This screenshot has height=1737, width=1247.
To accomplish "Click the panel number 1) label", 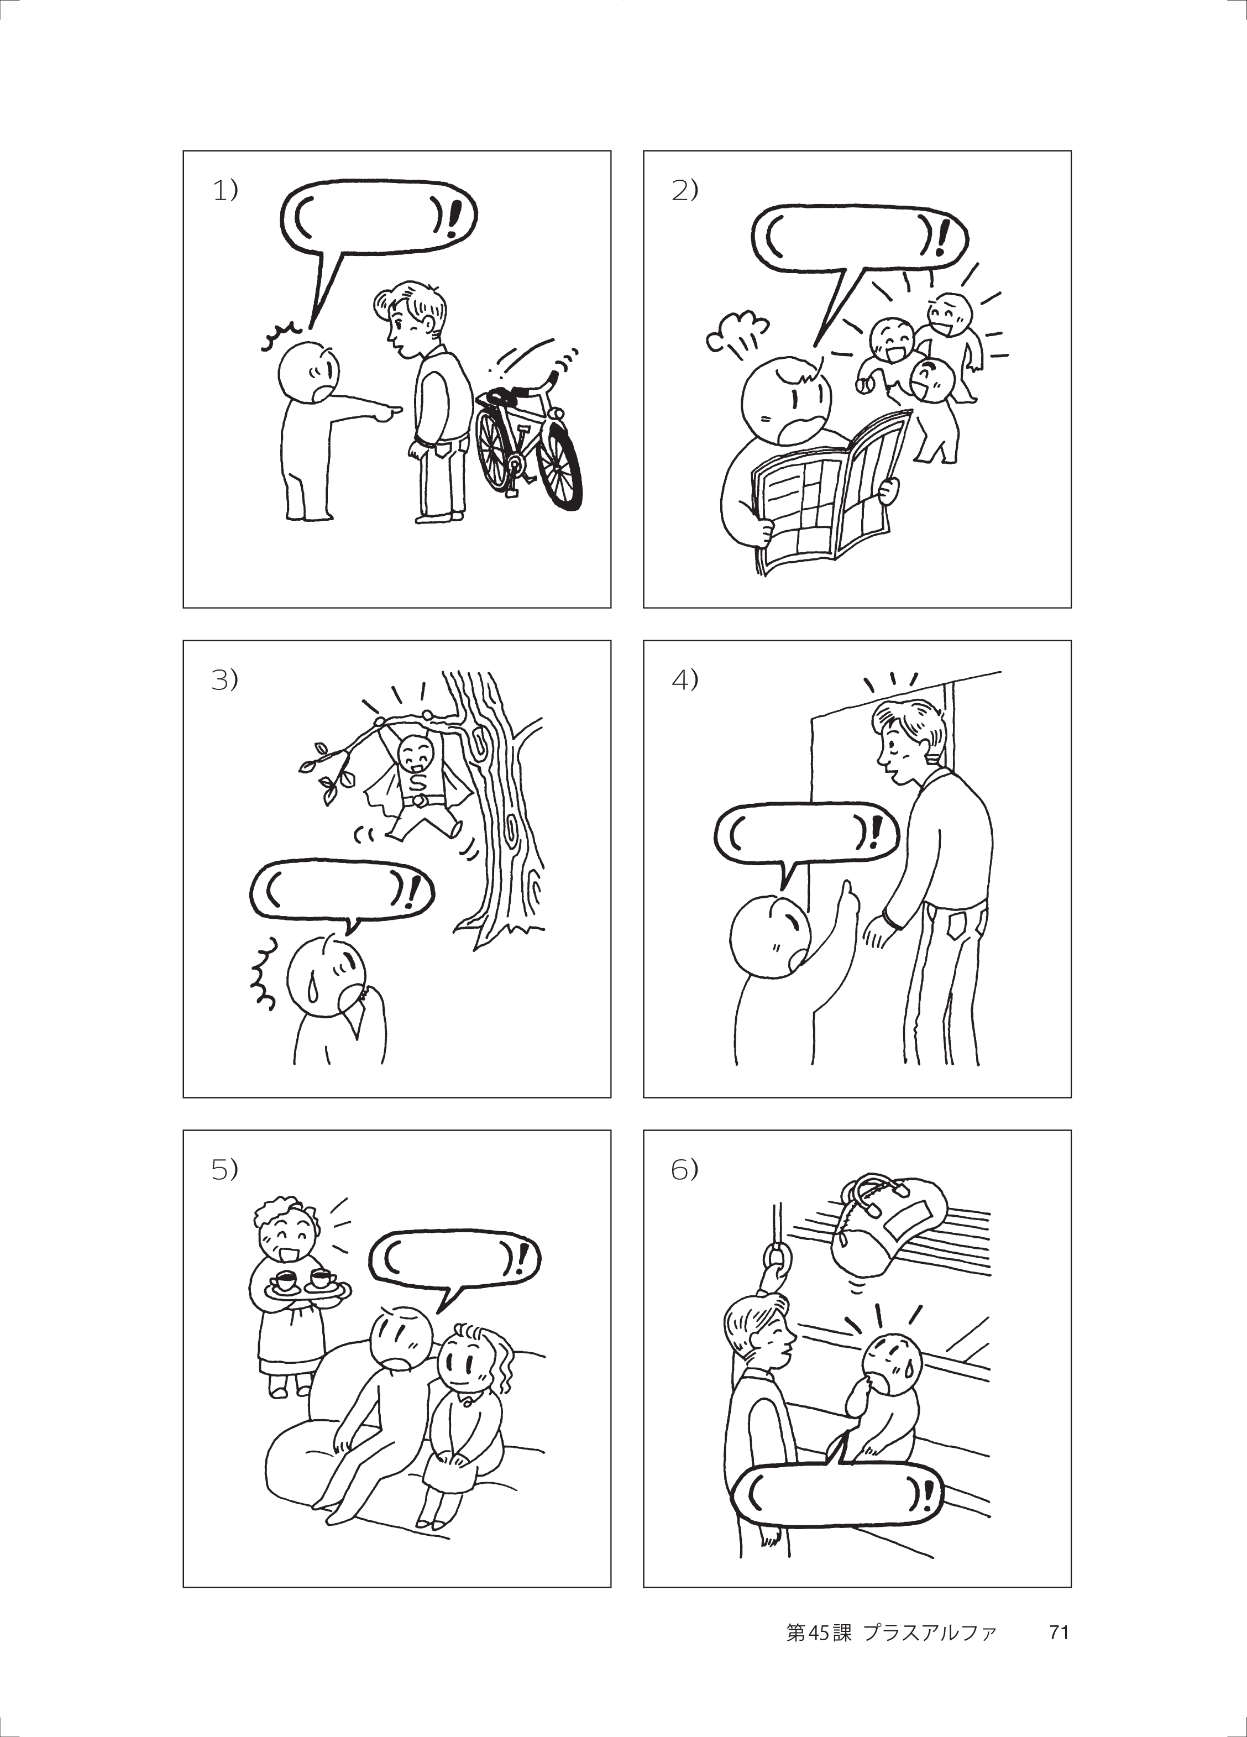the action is (x=225, y=190).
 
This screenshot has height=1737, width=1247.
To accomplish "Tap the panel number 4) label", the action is (x=685, y=679).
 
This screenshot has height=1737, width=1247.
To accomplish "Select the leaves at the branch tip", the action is (x=326, y=770).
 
